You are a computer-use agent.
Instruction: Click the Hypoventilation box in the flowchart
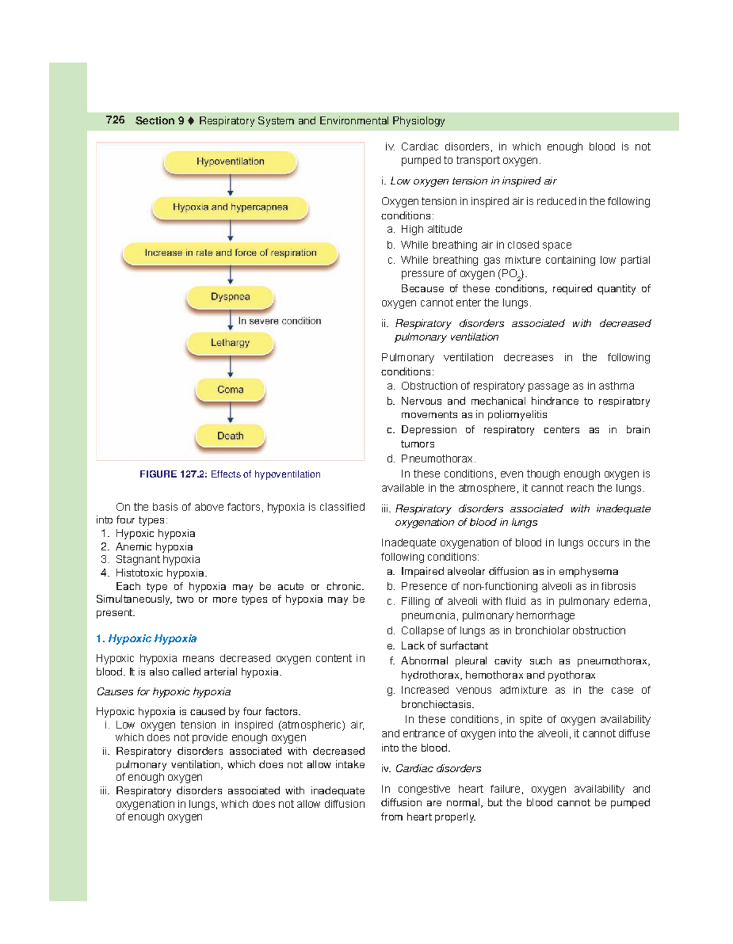click(230, 162)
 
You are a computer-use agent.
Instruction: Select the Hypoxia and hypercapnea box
click(230, 208)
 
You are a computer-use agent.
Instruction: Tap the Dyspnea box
click(230, 297)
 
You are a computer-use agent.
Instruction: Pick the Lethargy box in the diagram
click(230, 343)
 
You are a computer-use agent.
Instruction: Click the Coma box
click(230, 390)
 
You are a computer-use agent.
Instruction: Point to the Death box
click(230, 436)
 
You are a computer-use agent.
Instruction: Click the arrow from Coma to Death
click(230, 413)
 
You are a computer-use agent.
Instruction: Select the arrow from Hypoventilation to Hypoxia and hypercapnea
click(230, 185)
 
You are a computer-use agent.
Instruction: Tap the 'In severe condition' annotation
click(279, 321)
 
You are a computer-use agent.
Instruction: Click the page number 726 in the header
click(115, 120)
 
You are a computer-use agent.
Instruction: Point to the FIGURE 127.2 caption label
click(173, 474)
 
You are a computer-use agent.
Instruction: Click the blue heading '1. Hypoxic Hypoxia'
click(147, 639)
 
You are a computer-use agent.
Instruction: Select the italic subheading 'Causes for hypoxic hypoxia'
click(164, 692)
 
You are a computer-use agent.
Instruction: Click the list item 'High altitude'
click(431, 230)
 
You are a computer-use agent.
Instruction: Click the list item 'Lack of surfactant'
click(444, 646)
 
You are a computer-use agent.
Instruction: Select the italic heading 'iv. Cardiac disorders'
click(431, 769)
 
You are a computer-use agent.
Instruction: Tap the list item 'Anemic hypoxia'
click(154, 547)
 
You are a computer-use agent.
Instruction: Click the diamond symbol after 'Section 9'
click(191, 121)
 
